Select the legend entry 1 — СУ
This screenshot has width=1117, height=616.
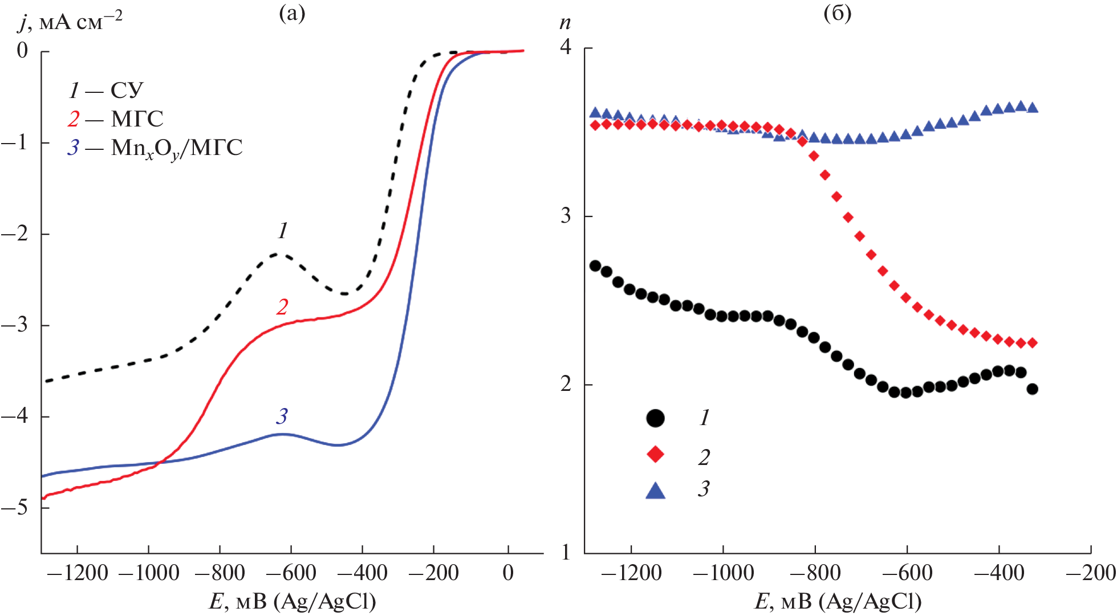106,90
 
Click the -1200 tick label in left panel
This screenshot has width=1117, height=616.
78,573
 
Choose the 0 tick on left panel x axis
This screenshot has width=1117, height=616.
508,573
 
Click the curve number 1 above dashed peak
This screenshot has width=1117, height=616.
283,231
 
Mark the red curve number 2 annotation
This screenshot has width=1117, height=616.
282,307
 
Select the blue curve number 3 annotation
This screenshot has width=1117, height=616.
282,417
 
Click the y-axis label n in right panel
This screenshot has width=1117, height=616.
564,23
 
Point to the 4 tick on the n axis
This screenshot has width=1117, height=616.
565,47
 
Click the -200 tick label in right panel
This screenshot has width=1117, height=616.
1090,573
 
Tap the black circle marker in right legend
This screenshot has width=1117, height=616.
656,418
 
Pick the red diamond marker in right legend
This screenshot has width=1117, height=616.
656,454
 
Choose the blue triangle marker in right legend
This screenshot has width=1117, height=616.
656,490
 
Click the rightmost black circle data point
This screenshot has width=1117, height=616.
1032,389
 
